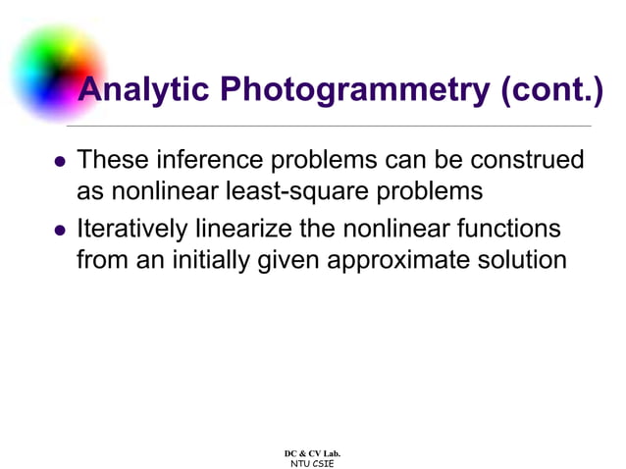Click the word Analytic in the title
tap(144, 91)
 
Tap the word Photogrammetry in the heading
tap(355, 91)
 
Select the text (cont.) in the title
tap(551, 91)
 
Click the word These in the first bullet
tap(110, 159)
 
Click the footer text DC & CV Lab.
tap(312, 452)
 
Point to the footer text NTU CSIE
tap(312, 462)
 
